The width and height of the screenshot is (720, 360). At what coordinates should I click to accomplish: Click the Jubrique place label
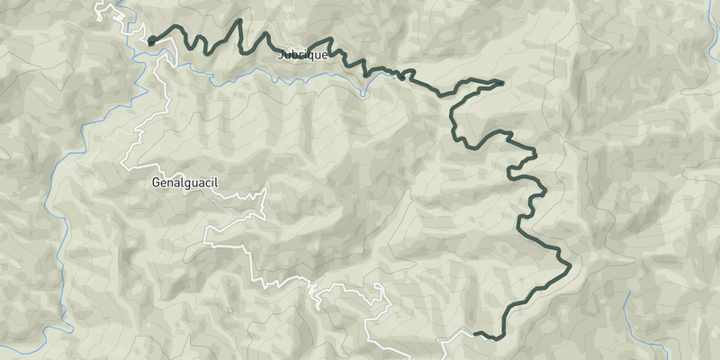[x=303, y=54]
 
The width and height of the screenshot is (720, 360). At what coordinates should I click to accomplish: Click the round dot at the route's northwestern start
[x=151, y=40]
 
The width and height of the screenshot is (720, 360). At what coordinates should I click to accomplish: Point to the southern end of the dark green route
[x=474, y=334]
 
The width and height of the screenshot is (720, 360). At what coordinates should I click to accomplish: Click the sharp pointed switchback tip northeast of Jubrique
[x=501, y=82]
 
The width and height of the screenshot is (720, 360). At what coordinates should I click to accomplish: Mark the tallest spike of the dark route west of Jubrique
[x=240, y=21]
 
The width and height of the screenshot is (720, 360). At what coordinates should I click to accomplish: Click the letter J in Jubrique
[x=281, y=54]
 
